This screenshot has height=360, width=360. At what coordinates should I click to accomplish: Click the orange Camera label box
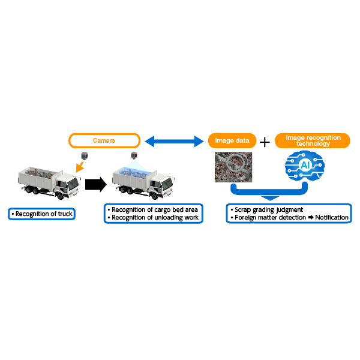[104, 140]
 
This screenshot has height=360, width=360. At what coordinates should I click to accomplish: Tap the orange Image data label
[232, 140]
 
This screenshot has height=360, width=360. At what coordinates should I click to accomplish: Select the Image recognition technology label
[312, 140]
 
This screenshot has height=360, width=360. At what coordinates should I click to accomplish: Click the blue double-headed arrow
[174, 141]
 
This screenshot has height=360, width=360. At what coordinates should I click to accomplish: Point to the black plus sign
[265, 142]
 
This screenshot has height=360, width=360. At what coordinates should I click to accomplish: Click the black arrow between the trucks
[96, 184]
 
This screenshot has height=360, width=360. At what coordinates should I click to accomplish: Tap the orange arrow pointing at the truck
[80, 167]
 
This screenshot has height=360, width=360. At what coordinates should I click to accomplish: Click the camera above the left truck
[85, 155]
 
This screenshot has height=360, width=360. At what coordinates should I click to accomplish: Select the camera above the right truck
[134, 155]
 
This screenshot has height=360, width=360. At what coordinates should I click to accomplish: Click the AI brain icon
[304, 166]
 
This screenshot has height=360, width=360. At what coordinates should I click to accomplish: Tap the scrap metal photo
[233, 167]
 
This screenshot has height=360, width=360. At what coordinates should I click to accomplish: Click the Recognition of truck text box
[42, 214]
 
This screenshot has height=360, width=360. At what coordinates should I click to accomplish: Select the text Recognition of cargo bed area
[155, 209]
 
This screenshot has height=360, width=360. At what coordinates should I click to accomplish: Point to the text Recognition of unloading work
[155, 217]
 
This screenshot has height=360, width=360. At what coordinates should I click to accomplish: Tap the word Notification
[332, 217]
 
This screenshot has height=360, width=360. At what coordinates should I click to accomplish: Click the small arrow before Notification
[311, 217]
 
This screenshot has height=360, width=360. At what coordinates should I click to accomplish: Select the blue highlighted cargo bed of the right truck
[134, 171]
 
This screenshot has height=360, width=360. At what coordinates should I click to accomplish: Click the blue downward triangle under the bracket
[270, 198]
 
